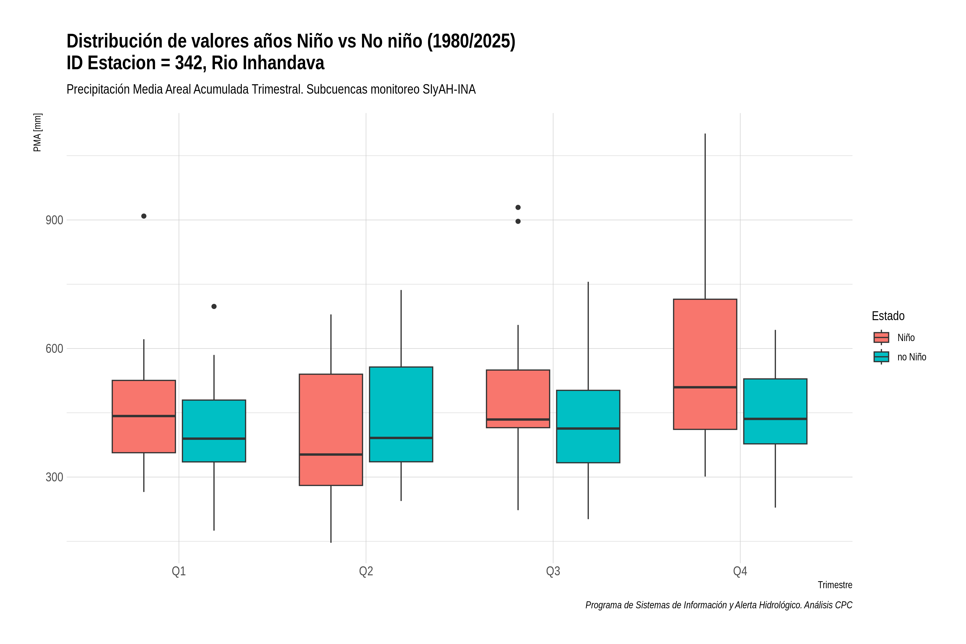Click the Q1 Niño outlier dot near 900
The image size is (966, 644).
tap(144, 216)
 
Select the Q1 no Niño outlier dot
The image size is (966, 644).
tap(214, 306)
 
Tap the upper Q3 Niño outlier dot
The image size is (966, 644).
tap(518, 207)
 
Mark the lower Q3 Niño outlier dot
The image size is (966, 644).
tap(518, 221)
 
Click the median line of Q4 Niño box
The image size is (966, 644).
tap(705, 387)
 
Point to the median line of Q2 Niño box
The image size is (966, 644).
tap(331, 454)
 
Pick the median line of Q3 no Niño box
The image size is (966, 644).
tap(588, 428)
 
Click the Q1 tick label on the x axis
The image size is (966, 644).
tap(179, 571)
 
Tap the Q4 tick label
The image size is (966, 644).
tap(740, 571)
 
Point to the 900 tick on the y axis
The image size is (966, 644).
tap(54, 220)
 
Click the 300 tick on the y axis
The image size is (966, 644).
tap(54, 477)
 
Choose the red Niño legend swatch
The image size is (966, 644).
tap(881, 338)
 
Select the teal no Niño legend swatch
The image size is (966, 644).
tap(881, 357)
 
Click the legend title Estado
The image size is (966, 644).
tap(888, 316)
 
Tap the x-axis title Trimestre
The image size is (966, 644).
tap(835, 585)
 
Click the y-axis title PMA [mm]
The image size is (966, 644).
tap(37, 132)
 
